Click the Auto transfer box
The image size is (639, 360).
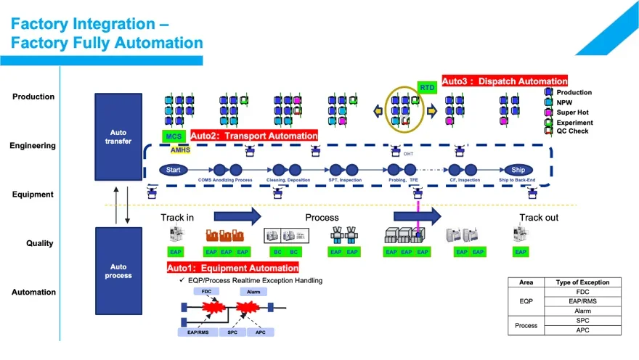pos(118,136)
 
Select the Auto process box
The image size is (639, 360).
pos(118,271)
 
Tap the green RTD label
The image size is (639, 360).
pos(426,87)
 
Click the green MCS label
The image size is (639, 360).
pos(174,136)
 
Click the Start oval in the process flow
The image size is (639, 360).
pos(173,170)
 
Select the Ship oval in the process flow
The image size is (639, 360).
pos(517,170)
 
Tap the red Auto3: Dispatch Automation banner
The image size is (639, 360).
pos(505,81)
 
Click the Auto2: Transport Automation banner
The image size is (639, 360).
pos(254,136)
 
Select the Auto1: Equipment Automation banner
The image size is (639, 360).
pos(232,268)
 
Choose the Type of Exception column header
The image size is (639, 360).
pos(582,282)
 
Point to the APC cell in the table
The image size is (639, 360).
pos(582,330)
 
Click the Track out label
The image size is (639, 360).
pos(538,217)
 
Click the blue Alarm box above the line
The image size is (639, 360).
pos(253,291)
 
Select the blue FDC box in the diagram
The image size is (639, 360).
pos(206,291)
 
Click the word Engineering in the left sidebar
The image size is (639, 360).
pos(33,146)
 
